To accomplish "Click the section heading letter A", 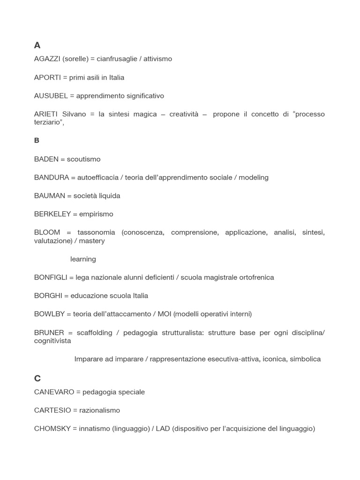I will (37, 45).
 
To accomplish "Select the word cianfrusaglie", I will (117, 59).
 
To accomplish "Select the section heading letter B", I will (37, 141).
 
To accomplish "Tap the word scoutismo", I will (83, 159).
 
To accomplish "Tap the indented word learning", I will (83, 259).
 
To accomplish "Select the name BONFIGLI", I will (51, 277).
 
